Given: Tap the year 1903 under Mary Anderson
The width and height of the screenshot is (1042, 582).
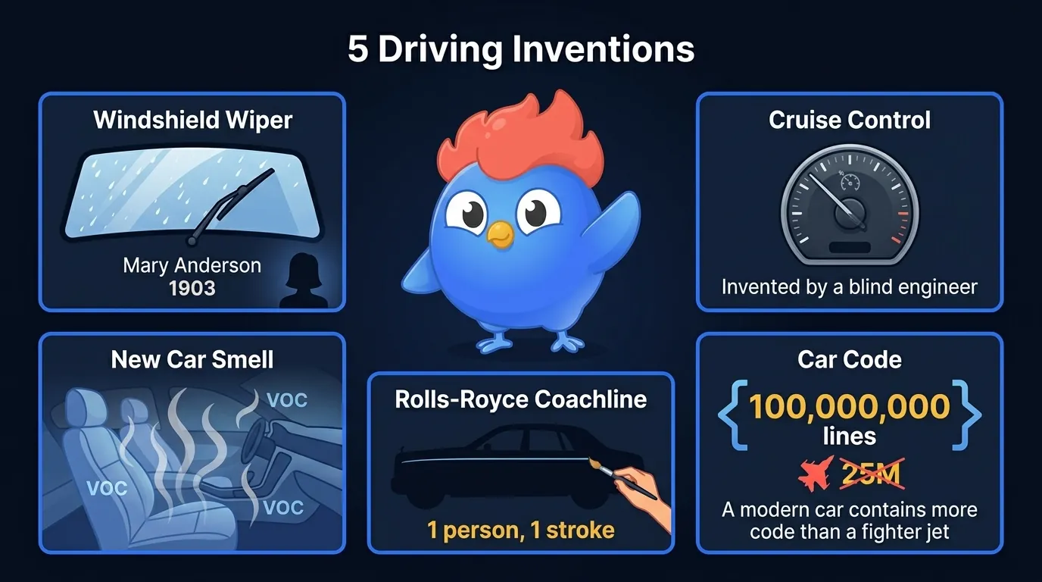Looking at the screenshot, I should point(192,289).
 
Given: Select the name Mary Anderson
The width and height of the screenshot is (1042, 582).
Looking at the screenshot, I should point(192,265).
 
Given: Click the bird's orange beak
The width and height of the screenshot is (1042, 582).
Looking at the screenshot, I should point(500,234).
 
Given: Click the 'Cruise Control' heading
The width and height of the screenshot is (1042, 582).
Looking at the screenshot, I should point(850,120).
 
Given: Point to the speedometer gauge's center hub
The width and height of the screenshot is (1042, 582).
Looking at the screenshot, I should point(850,213).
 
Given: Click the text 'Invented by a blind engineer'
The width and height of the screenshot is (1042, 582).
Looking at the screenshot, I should point(850,287).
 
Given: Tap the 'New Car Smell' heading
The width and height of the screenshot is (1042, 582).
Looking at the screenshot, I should point(192,358).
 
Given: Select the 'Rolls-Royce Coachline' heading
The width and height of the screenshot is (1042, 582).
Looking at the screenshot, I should point(521,399).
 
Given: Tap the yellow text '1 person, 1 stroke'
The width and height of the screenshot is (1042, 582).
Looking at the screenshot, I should point(521,530).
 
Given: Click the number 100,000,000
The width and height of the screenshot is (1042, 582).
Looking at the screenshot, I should point(850,407).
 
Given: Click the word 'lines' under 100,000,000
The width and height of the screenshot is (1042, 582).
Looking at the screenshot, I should point(850,436).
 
